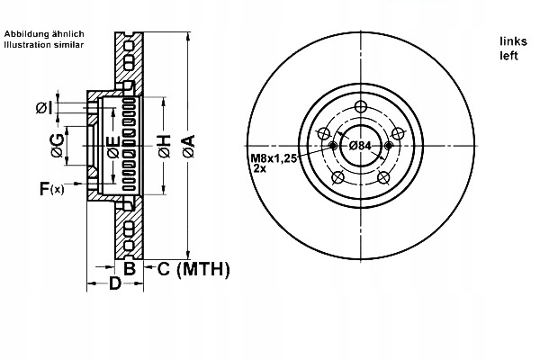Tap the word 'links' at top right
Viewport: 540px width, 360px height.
512,41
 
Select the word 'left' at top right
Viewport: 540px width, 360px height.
508,55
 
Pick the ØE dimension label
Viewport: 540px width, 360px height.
112,147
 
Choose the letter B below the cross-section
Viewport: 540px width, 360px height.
129,268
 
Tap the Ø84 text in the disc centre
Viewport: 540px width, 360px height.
361,146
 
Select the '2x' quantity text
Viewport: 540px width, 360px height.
259,169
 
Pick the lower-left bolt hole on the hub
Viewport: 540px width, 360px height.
337,177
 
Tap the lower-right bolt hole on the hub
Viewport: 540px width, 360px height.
383,177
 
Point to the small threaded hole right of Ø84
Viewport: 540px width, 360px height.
389,146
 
